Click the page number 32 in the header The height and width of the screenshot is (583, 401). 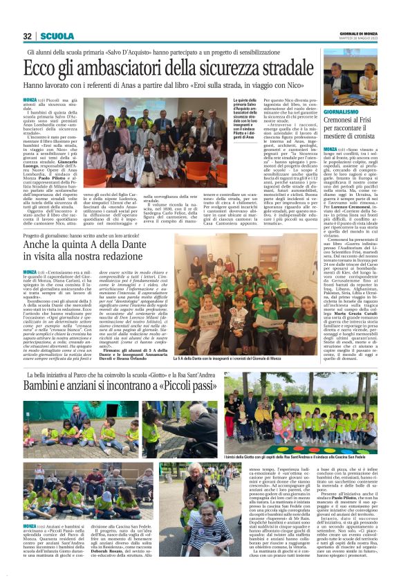28,37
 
